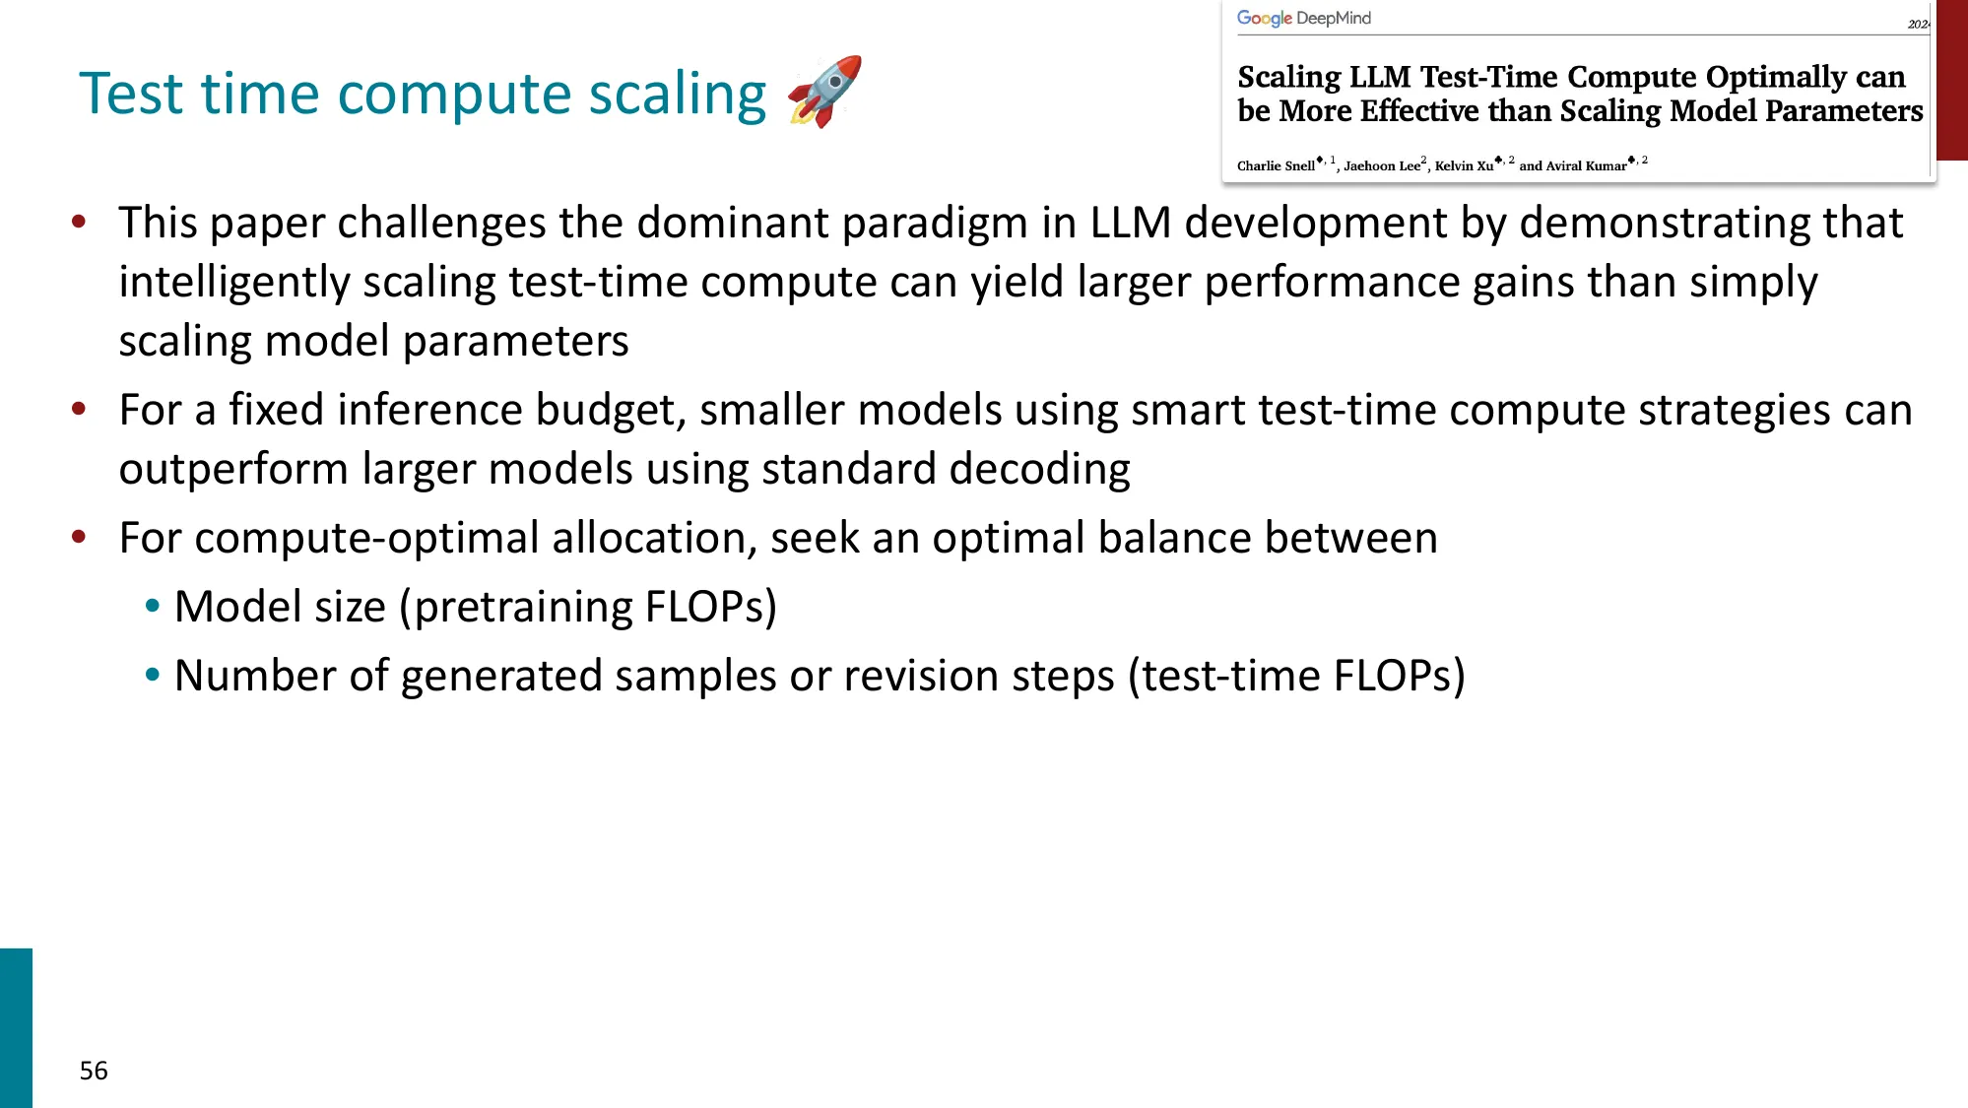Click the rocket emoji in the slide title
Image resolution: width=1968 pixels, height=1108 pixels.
coord(824,92)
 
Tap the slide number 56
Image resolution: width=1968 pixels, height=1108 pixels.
coord(94,1071)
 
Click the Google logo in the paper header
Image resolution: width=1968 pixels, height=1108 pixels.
coord(1264,19)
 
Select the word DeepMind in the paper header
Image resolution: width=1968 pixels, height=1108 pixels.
coord(1334,19)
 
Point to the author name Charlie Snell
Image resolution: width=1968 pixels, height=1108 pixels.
coord(1276,165)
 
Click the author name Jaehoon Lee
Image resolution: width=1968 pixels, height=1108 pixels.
coord(1381,165)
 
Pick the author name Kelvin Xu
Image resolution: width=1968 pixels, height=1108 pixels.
coord(1464,165)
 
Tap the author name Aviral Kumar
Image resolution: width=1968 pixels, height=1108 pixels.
coord(1586,165)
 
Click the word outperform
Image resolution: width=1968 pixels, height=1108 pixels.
coord(233,469)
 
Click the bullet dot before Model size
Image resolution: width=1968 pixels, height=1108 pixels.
coord(152,606)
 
